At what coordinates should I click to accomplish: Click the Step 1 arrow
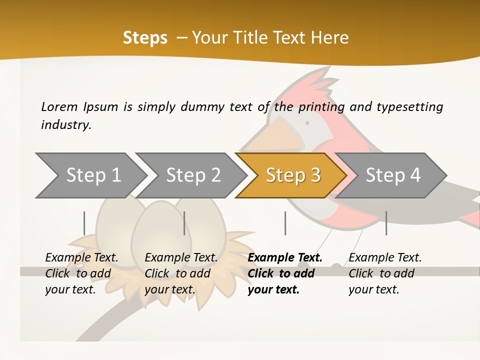pos(90,175)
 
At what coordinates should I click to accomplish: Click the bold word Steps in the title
pos(145,38)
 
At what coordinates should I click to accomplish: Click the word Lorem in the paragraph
pos(59,106)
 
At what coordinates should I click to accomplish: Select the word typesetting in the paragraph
pos(409,106)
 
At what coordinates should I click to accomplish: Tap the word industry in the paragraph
pos(65,124)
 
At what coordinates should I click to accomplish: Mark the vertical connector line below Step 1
pos(84,223)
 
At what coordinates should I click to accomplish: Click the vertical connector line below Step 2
pos(184,223)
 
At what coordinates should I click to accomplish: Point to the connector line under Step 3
pos(285,223)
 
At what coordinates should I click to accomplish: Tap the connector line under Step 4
pos(386,223)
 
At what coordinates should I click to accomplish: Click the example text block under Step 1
pos(81,273)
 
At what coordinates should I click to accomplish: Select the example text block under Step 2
pos(181,273)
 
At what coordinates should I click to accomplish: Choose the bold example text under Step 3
pos(285,273)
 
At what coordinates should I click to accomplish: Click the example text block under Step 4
pos(385,273)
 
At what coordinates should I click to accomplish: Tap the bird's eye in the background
pos(307,122)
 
